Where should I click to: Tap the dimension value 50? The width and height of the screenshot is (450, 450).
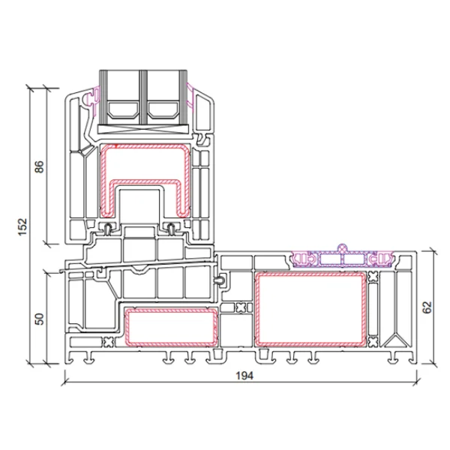(40, 318)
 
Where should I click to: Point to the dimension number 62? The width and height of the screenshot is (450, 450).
(427, 307)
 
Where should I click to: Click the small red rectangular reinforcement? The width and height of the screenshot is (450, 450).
(171, 328)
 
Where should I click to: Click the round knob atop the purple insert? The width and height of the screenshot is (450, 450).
(343, 247)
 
